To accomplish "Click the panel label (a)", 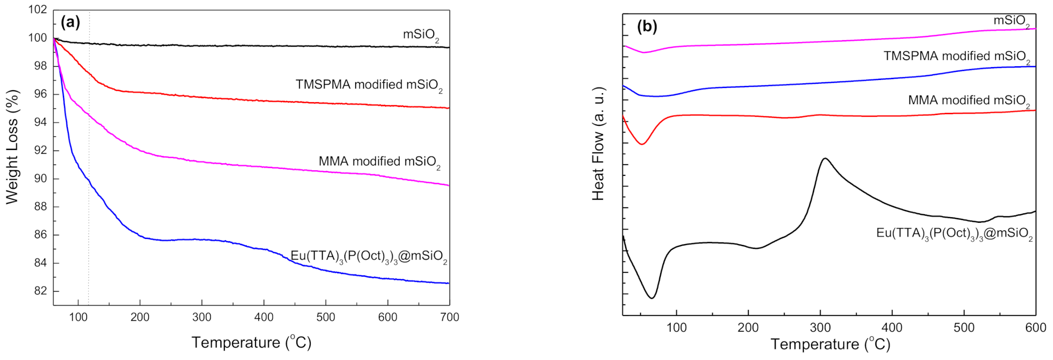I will point(71,22).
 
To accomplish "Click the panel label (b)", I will point(647,27).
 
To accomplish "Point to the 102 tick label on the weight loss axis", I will point(38,9).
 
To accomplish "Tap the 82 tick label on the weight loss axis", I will point(41,291).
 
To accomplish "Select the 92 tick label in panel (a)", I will point(41,150).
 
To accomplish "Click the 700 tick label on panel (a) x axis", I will point(450,317).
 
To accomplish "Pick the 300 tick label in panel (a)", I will point(202,317).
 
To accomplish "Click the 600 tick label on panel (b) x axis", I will point(1035,328).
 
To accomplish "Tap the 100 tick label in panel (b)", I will point(677,328).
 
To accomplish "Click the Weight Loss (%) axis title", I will point(13,147).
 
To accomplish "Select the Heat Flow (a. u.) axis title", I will point(598,144).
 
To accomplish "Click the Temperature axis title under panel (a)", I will point(251,342).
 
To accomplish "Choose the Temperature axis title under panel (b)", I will point(830,344).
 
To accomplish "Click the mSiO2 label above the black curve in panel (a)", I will point(421,35).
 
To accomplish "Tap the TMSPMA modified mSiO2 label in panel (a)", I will point(369,85).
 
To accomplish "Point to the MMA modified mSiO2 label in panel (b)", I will point(969,101).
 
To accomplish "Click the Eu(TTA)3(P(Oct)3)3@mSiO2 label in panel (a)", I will point(369,257).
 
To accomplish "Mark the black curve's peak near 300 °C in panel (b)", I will point(825,159).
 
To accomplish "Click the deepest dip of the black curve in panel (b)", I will point(652,298).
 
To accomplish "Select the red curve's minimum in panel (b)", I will point(641,145).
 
